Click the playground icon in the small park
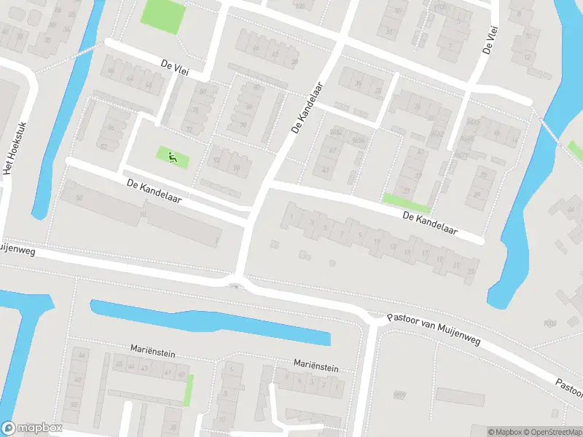(172, 156)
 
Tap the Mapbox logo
(31, 428)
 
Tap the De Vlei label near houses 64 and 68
(176, 66)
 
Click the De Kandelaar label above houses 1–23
(430, 223)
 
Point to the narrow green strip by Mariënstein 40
(189, 390)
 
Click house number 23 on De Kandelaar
(472, 272)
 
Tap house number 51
(389, 31)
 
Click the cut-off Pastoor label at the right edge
(568, 385)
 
